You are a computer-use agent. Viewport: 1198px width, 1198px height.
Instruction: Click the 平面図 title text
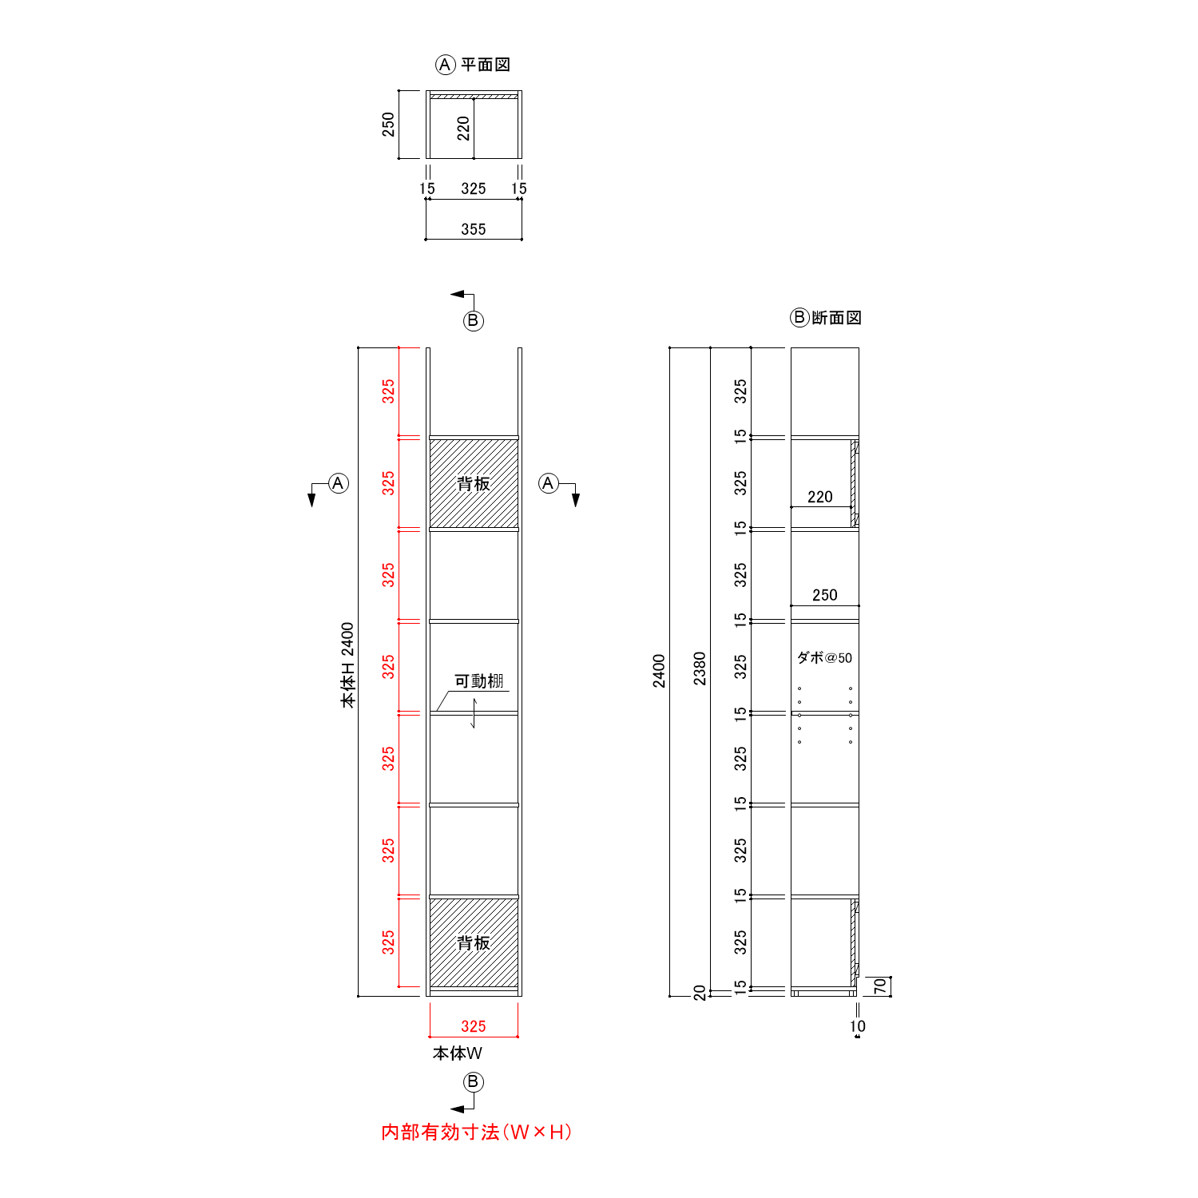[x=486, y=65]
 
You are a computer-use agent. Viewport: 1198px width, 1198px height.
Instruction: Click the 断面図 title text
[x=837, y=318]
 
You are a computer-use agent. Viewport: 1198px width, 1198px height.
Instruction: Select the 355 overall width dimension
[x=474, y=229]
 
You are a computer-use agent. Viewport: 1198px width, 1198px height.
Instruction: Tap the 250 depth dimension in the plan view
[x=388, y=125]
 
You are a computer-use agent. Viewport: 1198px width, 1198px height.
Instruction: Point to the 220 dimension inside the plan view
[x=463, y=129]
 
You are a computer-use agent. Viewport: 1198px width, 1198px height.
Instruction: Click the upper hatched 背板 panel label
[x=474, y=483]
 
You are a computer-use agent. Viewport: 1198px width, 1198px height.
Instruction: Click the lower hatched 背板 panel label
[x=474, y=943]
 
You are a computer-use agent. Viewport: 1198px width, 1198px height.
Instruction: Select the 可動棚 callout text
[x=479, y=681]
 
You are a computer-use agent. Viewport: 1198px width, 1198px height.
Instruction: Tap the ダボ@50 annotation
[x=825, y=658]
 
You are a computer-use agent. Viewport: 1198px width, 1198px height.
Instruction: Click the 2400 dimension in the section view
[x=659, y=671]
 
